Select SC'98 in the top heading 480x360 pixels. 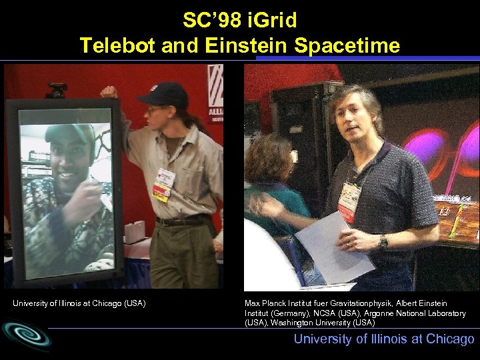pyautogui.click(x=206, y=20)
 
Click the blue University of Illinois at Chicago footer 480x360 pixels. pyautogui.click(x=384, y=339)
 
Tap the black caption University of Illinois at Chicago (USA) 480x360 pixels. pyautogui.click(x=79, y=304)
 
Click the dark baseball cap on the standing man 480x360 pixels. pyautogui.click(x=163, y=93)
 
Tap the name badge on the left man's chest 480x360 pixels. pyautogui.click(x=163, y=183)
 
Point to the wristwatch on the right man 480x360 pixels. pyautogui.click(x=383, y=241)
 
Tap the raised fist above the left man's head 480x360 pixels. pyautogui.click(x=109, y=91)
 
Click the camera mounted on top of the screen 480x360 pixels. pyautogui.click(x=57, y=89)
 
